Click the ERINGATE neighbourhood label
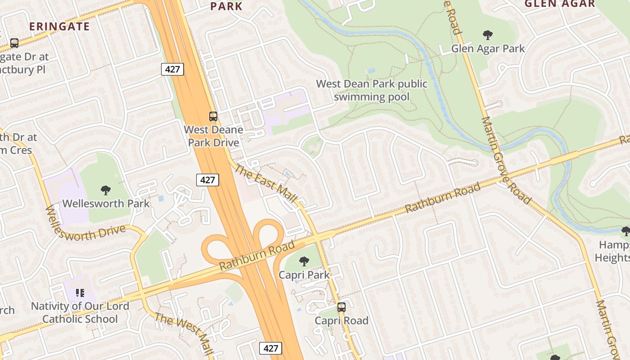tap(60, 26)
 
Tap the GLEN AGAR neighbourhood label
tap(560, 4)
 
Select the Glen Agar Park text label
tap(488, 48)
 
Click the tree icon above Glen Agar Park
tap(487, 35)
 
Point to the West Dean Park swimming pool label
tap(372, 90)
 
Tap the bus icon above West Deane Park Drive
tap(213, 117)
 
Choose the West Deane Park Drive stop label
tap(213, 136)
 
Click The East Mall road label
tap(266, 183)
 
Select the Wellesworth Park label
tap(106, 203)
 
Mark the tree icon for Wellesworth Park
tap(106, 190)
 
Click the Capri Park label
tap(304, 274)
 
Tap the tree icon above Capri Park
tap(304, 261)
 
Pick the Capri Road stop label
tap(342, 320)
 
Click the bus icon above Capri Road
tap(342, 307)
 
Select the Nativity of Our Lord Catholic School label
tap(80, 312)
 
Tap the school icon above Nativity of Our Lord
tap(80, 293)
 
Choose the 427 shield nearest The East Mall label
tap(207, 180)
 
